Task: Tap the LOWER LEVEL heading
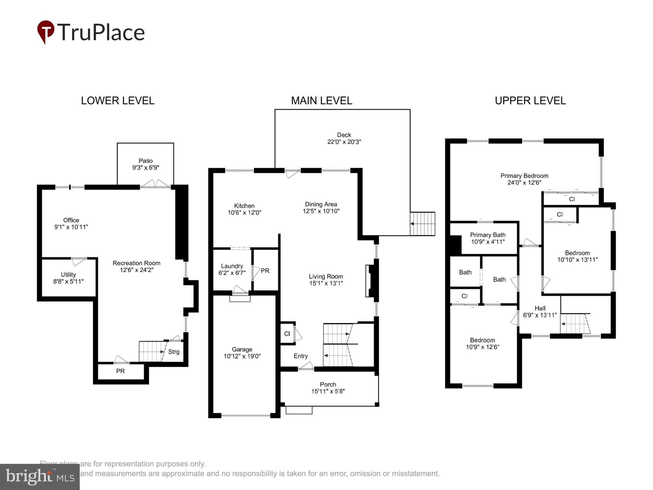[117, 101]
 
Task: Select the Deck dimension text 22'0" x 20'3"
[344, 142]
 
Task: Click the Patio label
[145, 161]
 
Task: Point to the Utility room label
[68, 274]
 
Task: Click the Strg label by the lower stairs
[174, 352]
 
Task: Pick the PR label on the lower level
[120, 371]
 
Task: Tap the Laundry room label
[232, 266]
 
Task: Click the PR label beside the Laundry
[265, 271]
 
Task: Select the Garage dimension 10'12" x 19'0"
[242, 356]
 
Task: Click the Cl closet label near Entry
[287, 334]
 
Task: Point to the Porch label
[328, 384]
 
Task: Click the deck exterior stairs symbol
[422, 224]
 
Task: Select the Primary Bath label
[488, 235]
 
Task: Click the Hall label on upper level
[540, 308]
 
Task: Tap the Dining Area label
[321, 204]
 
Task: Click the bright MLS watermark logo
[40, 477]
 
